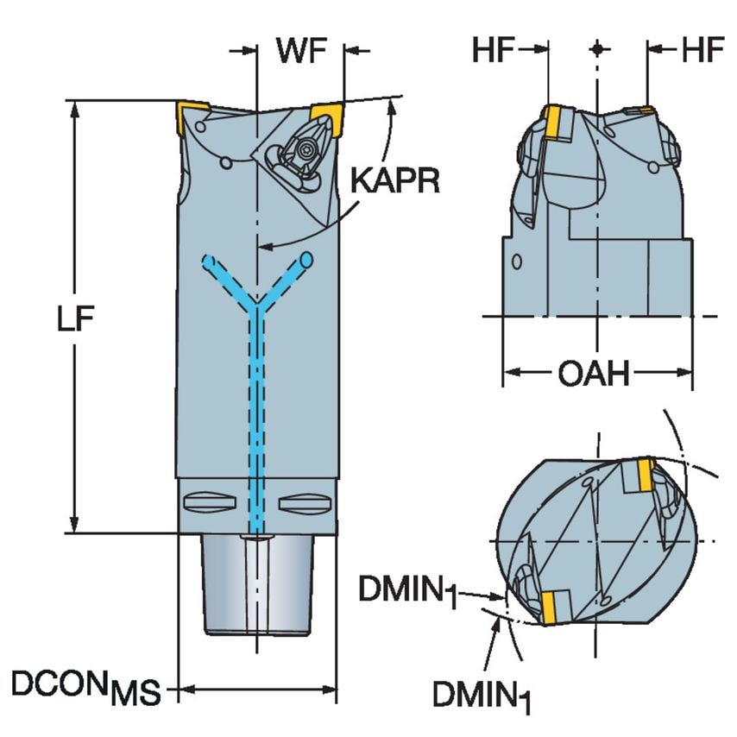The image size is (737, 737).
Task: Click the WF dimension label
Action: tap(301, 51)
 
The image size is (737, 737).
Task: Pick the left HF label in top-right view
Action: tap(493, 51)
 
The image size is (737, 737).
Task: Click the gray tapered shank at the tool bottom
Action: tap(256, 583)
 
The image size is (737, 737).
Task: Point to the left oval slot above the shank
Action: tap(209, 500)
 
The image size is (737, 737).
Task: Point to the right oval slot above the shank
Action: tap(305, 500)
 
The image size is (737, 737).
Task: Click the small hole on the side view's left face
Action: tap(516, 261)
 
